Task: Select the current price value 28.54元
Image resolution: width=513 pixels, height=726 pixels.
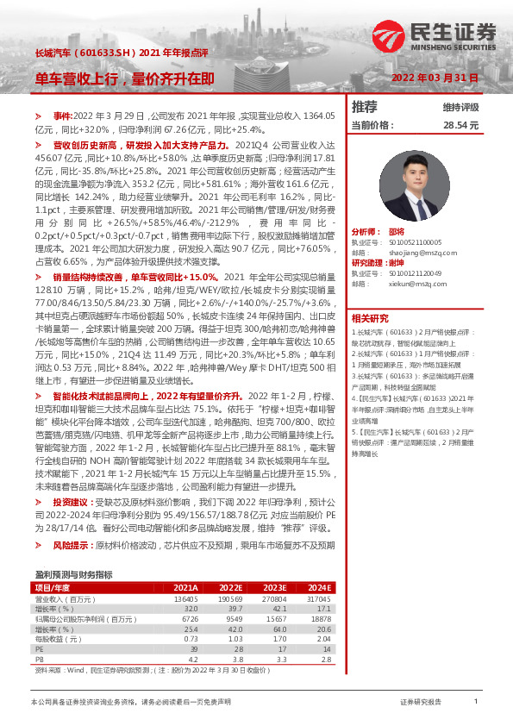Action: tap(460, 125)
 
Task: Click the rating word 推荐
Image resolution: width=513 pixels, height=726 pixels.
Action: tap(366, 108)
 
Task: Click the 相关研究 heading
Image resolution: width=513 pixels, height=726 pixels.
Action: tap(370, 317)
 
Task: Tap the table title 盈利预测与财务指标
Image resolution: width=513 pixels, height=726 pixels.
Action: tap(73, 549)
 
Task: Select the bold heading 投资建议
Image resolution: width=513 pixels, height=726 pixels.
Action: tap(70, 477)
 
